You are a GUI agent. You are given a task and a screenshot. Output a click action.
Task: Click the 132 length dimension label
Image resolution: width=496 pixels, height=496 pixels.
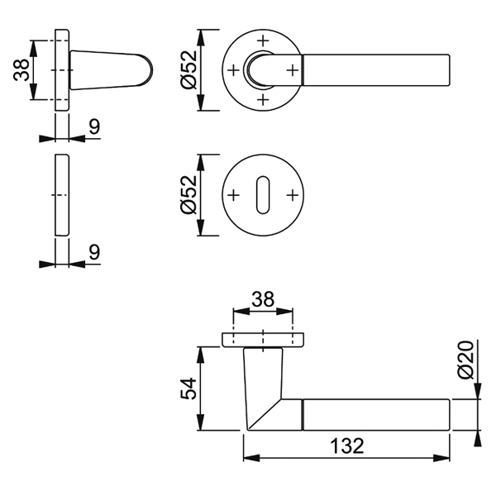pyautogui.click(x=346, y=446)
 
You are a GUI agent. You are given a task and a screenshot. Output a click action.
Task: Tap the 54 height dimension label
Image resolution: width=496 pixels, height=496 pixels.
pyautogui.click(x=188, y=389)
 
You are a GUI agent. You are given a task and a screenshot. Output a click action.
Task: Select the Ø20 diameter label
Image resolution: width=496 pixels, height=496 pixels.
pyautogui.click(x=465, y=360)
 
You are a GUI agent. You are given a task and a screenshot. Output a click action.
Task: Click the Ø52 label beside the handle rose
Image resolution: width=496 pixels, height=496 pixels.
pyautogui.click(x=188, y=69)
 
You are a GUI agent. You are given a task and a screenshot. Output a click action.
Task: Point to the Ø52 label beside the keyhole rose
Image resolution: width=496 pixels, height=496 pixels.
pyautogui.click(x=188, y=195)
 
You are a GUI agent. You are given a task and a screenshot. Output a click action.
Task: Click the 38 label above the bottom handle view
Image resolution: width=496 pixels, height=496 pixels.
pyautogui.click(x=263, y=299)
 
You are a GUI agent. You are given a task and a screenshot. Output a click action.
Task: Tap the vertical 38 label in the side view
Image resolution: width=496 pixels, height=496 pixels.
pyautogui.click(x=21, y=70)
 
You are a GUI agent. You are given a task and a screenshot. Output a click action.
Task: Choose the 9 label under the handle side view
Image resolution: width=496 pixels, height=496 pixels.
pyautogui.click(x=94, y=126)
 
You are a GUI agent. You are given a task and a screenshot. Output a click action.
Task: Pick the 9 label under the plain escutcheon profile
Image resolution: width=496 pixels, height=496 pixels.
pyautogui.click(x=94, y=252)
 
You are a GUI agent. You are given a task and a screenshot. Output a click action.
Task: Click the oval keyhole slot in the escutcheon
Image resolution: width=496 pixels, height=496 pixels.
pyautogui.click(x=263, y=195)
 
